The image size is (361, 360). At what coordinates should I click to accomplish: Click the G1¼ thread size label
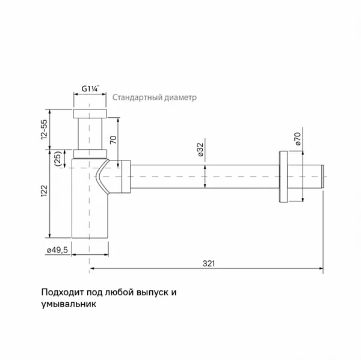(90, 88)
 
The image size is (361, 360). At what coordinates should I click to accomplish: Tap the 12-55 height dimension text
(44, 129)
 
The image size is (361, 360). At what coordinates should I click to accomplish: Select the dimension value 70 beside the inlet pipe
(113, 140)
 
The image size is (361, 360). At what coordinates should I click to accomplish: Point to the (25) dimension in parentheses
(58, 159)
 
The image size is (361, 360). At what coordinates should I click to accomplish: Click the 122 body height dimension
(44, 191)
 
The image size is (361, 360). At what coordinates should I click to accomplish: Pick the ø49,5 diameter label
(58, 250)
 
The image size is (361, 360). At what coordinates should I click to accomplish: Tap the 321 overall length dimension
(209, 263)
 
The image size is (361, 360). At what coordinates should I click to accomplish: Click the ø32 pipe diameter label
(201, 150)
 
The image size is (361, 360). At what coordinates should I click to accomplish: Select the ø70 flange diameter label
(297, 139)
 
